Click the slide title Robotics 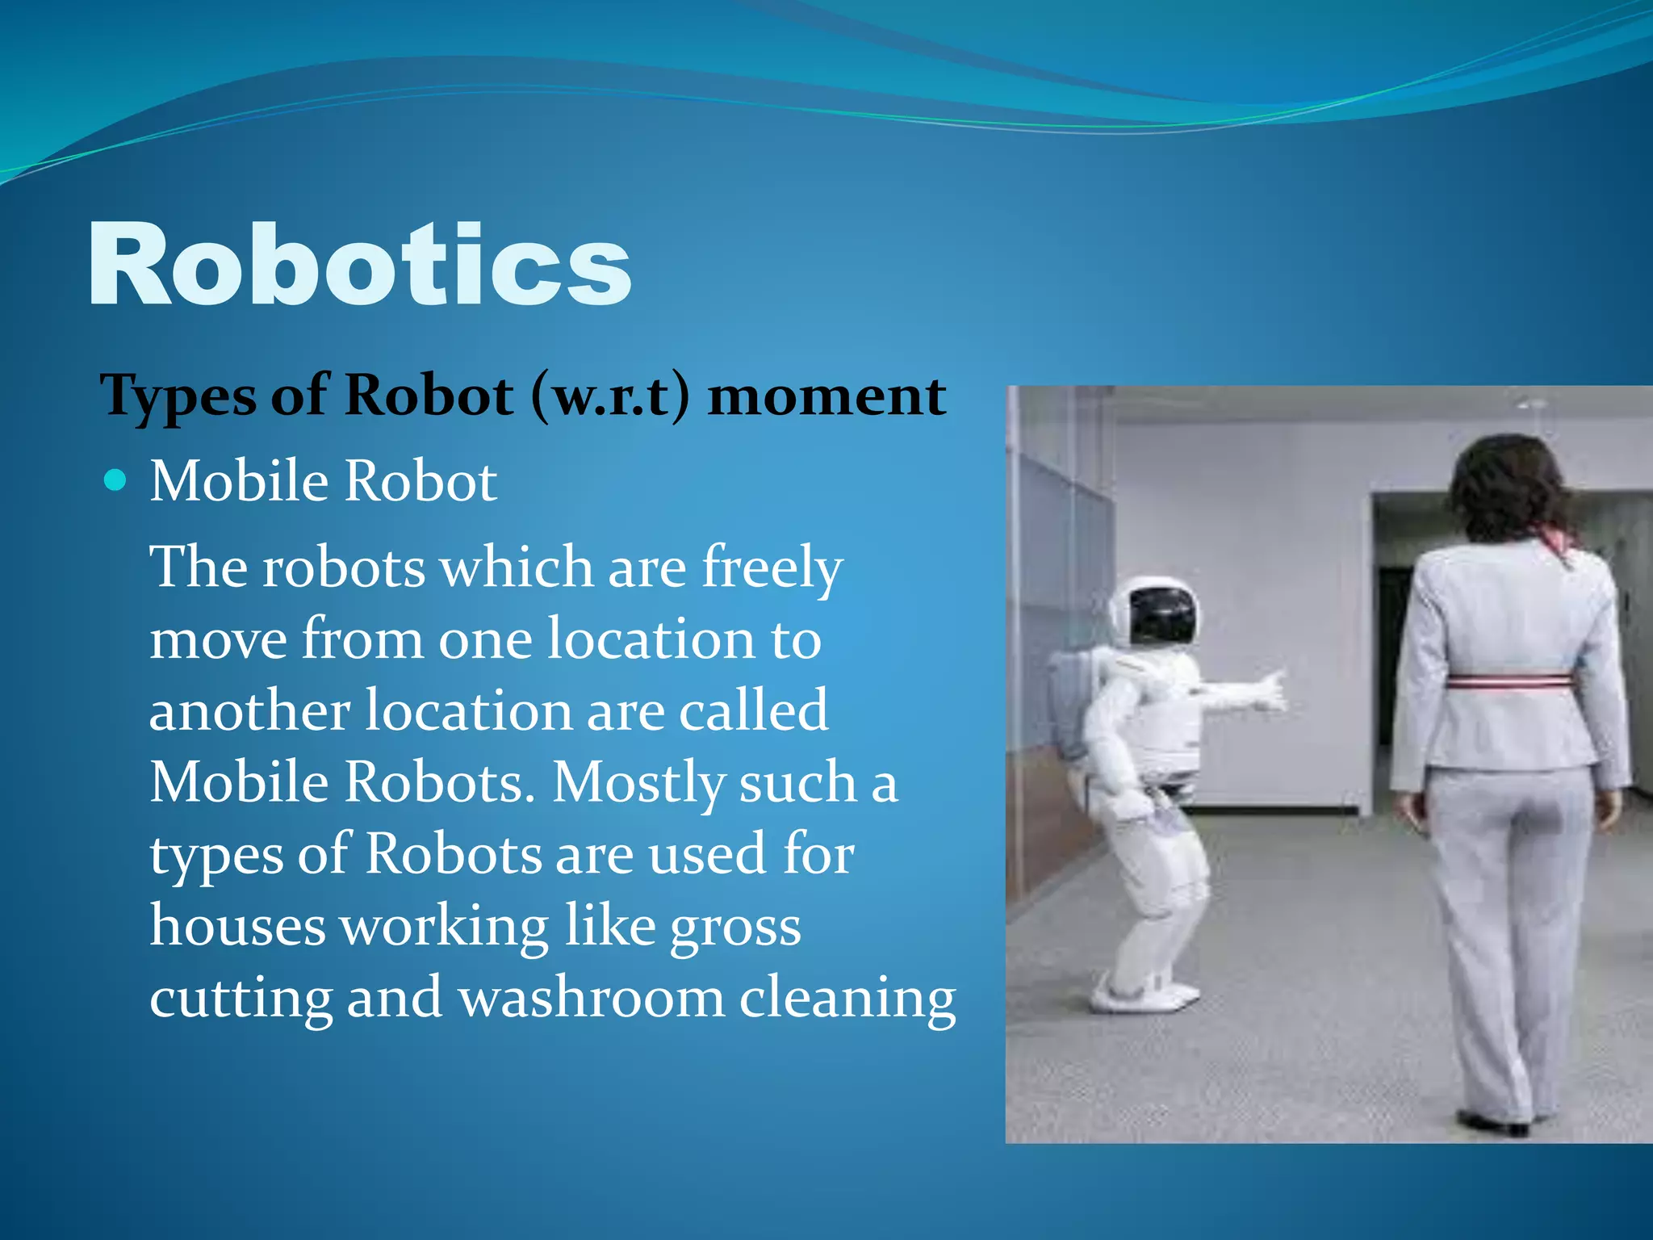359,265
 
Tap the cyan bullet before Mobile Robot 116,481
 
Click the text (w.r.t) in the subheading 611,396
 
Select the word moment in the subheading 826,396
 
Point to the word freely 772,568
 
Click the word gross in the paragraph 735,927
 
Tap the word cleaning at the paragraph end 847,999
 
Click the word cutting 241,998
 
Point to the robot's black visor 1162,616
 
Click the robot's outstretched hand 1268,690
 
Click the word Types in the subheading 178,396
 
